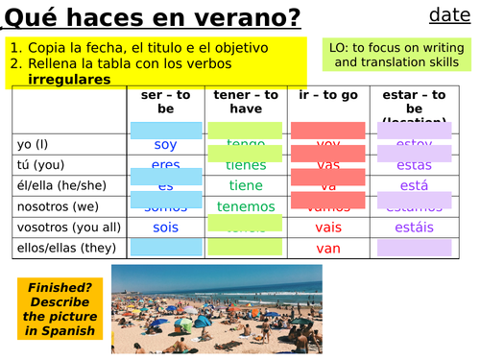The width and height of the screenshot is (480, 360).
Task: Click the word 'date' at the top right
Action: pos(448,14)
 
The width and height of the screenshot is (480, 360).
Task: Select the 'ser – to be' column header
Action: pos(165,102)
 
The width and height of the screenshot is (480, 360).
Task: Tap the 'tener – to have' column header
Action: pos(246,102)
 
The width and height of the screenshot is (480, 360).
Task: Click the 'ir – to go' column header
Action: pos(328,96)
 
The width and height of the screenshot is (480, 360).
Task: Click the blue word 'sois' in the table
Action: pos(165,227)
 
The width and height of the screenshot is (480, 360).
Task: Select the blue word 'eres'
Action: pos(165,165)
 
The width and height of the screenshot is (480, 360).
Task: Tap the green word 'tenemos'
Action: pos(246,206)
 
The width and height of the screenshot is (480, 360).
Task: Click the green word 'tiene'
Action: pos(246,185)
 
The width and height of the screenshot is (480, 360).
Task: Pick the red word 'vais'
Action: pos(328,227)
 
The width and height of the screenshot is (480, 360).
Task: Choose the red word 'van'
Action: pos(328,248)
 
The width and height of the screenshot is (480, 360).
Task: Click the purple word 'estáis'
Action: pos(414,227)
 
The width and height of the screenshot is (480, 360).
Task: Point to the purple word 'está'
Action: pos(414,185)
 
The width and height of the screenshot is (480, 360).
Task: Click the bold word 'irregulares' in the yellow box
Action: pos(69,79)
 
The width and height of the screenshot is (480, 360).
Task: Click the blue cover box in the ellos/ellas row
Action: pos(165,247)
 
